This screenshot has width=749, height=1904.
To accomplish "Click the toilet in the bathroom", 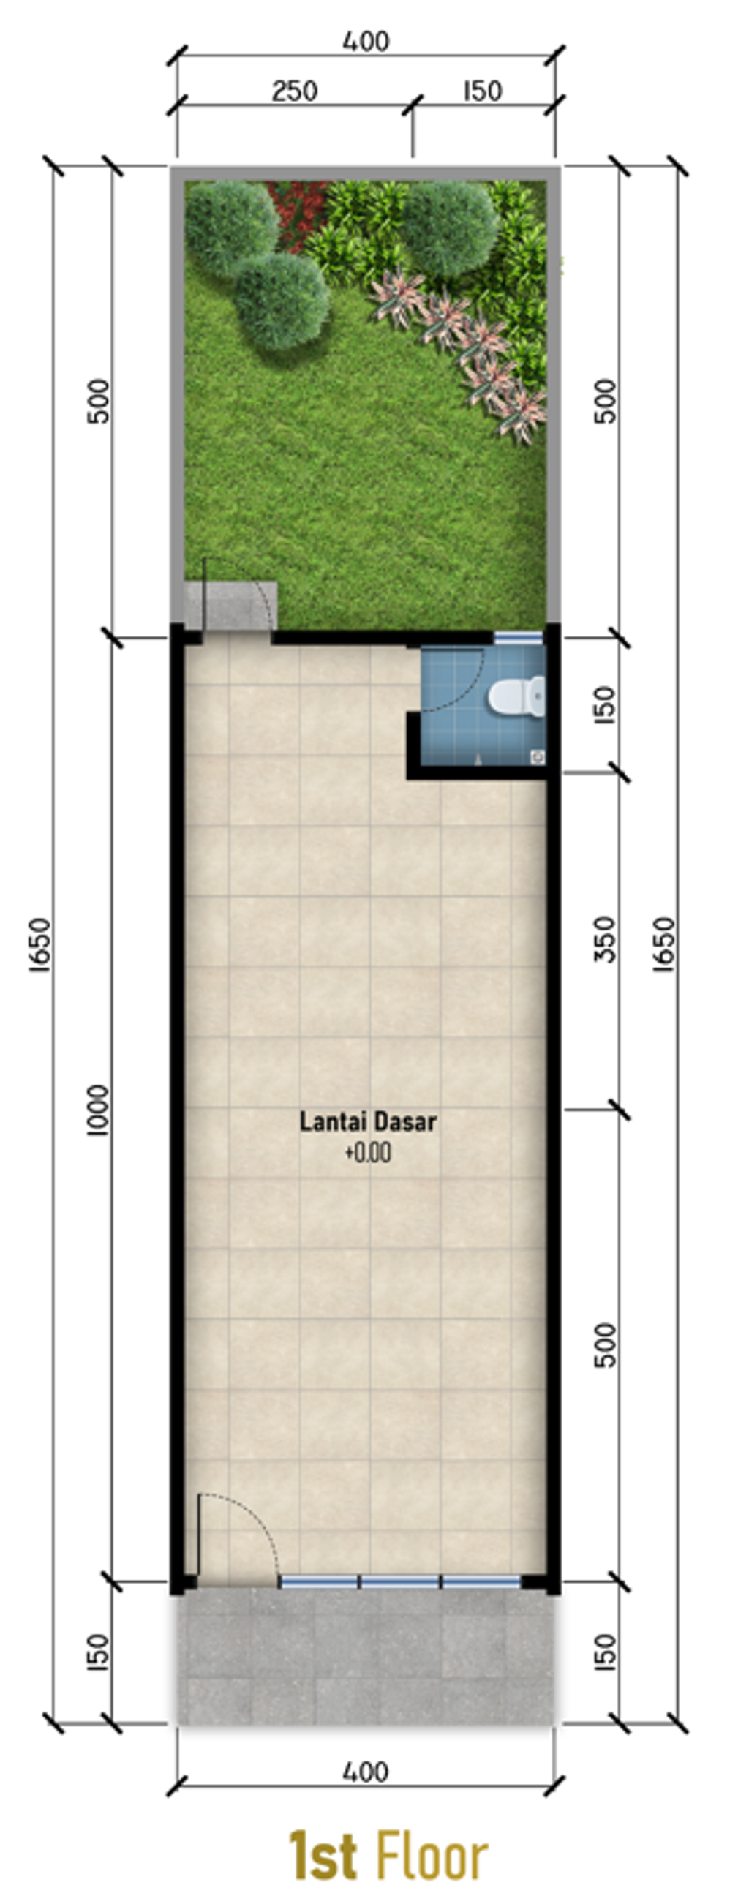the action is coord(518,696).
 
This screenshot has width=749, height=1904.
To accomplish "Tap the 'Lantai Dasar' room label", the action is coord(367,1121).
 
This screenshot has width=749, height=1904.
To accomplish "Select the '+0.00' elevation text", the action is coord(367,1153).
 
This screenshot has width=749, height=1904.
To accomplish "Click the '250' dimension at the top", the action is coord(294,91).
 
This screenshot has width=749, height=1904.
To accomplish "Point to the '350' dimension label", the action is coord(605,939).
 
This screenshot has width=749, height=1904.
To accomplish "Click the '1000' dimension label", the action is coord(97,1110).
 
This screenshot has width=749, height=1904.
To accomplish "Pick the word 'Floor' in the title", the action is coord(432,1856).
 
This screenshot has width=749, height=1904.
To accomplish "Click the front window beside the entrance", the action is coord(400,1581).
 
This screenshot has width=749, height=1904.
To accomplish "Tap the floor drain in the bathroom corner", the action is coord(538,756).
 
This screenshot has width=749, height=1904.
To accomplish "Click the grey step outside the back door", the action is coord(230,606).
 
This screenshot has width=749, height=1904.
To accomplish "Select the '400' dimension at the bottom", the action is coord(365,1771).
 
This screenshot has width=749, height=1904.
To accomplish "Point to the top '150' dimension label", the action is coord(483,91).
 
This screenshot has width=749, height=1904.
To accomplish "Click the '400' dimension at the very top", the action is coord(365,42).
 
